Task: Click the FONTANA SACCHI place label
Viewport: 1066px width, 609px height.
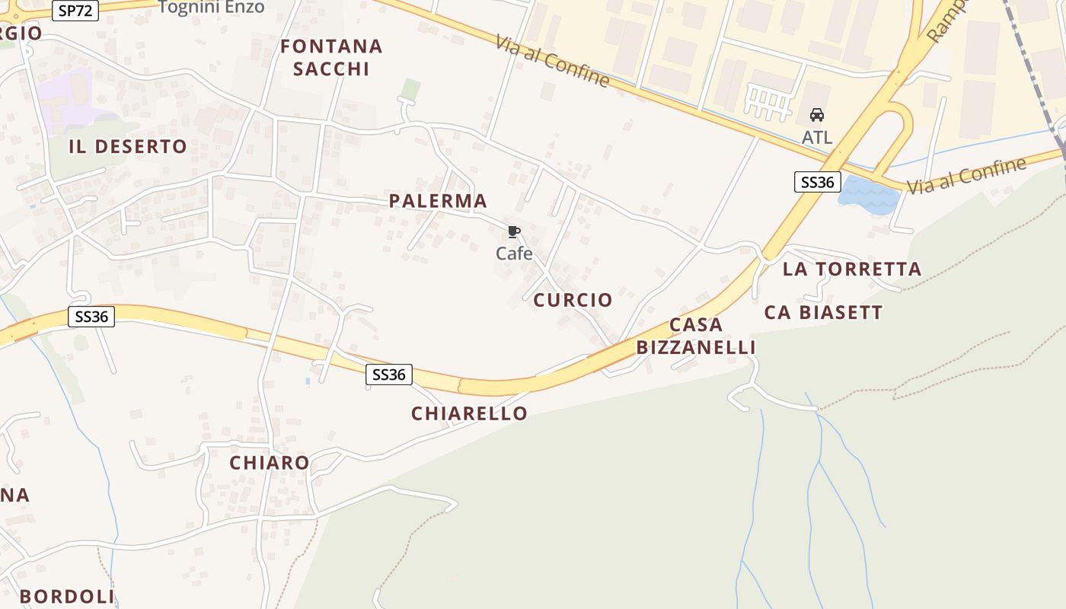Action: click(331, 57)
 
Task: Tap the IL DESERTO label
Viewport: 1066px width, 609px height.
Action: click(128, 147)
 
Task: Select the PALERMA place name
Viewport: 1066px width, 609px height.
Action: click(438, 201)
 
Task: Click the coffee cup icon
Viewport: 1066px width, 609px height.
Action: click(514, 231)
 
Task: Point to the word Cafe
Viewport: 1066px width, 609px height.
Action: click(514, 253)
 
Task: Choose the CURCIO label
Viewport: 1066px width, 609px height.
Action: click(573, 300)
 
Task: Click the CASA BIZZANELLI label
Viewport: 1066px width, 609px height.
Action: click(696, 336)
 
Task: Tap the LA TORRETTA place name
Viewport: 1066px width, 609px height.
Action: click(852, 269)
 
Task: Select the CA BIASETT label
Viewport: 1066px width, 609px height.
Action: click(823, 312)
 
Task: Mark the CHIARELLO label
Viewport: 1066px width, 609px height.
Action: click(469, 413)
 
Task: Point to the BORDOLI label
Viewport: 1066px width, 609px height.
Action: click(67, 596)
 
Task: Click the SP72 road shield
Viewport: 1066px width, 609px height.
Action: click(75, 11)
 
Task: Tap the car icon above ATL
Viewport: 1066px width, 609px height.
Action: click(817, 115)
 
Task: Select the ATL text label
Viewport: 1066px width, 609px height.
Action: click(817, 138)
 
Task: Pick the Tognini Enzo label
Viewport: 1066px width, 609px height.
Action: click(212, 8)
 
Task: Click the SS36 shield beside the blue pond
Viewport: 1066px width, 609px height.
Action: click(817, 182)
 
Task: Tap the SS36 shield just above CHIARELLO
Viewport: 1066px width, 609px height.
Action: click(389, 375)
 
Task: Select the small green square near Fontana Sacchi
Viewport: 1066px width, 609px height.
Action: click(410, 89)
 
